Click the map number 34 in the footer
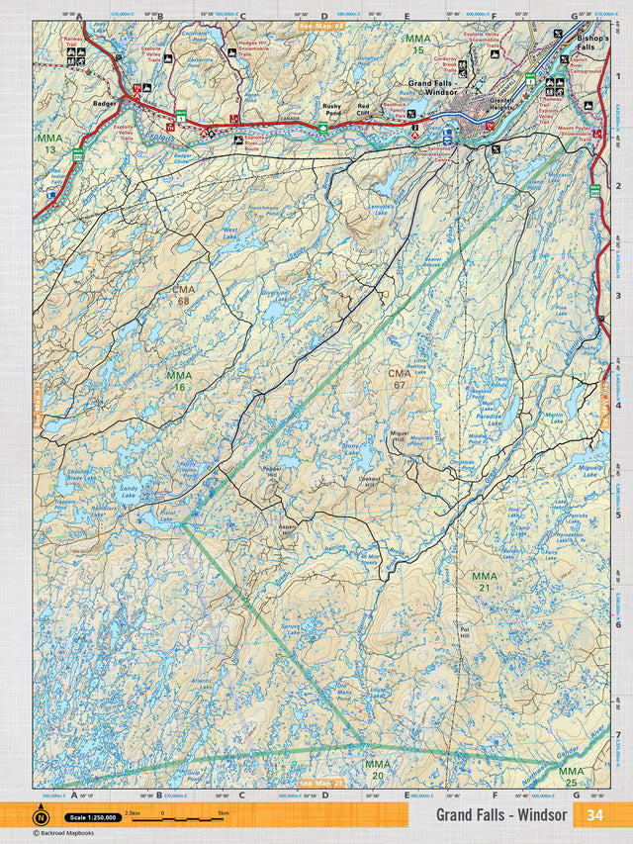[x=594, y=815]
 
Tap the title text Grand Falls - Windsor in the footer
[x=501, y=815]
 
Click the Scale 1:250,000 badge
[x=93, y=817]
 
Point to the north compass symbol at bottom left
[x=41, y=817]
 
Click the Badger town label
[x=103, y=101]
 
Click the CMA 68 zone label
[x=182, y=294]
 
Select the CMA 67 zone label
[x=399, y=378]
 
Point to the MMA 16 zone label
[x=178, y=381]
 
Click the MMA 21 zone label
[x=485, y=581]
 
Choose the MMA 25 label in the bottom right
[x=571, y=776]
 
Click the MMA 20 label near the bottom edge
[x=378, y=769]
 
